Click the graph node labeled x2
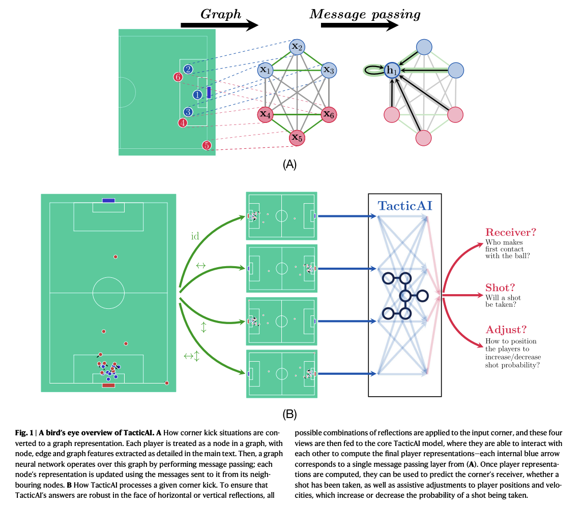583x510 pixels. click(297, 47)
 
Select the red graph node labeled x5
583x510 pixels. click(297, 138)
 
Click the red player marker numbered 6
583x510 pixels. click(178, 77)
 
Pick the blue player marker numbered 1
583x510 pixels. click(197, 94)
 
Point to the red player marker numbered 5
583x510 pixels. click(206, 145)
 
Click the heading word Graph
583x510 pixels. click(220, 14)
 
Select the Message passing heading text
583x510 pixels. click(365, 14)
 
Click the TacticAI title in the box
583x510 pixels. click(405, 206)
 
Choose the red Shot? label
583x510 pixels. click(500, 287)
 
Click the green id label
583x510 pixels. click(195, 236)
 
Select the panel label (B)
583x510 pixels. click(289, 414)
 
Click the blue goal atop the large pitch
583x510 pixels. click(108, 200)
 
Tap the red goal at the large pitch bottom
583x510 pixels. click(108, 386)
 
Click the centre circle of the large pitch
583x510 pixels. click(108, 293)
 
